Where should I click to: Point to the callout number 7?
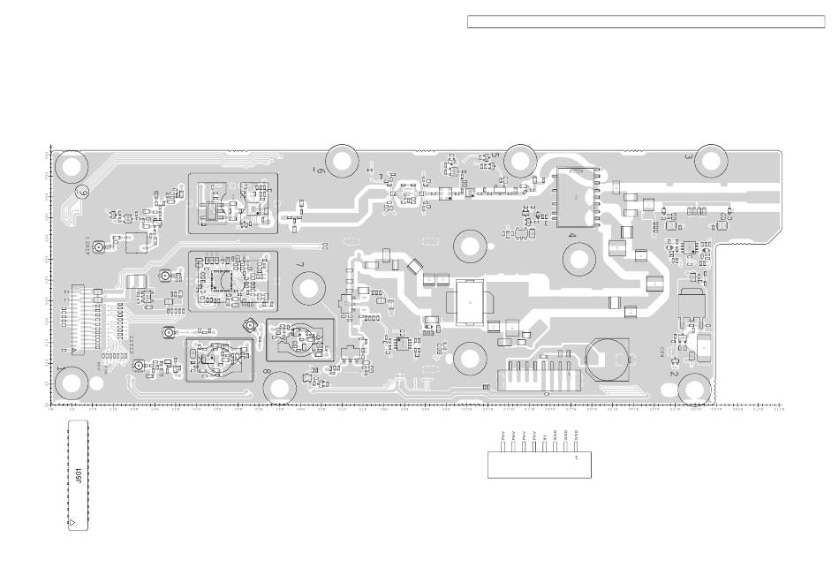299,265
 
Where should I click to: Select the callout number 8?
268,373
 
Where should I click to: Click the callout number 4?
572,236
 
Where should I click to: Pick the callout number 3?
688,157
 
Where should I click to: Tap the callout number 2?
674,374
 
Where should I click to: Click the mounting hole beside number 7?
310,288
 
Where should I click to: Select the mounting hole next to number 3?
709,159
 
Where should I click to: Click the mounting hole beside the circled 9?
72,165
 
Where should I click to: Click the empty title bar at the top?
646,22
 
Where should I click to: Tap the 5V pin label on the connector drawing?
545,435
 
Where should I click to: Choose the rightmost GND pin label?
576,435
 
